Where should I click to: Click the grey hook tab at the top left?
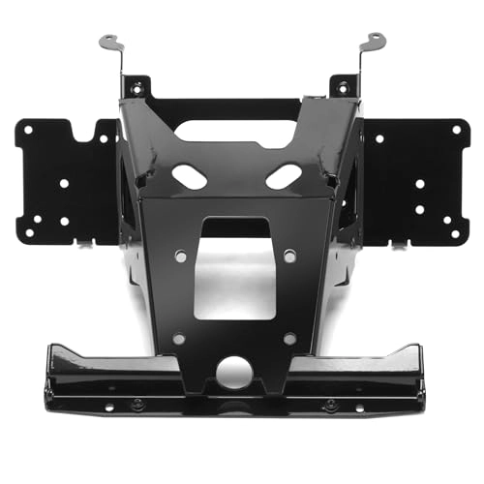pos(108,43)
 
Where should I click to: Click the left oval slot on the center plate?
pos(189,175)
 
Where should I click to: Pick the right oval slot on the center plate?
pos(284,176)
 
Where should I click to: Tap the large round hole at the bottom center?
pos(234,372)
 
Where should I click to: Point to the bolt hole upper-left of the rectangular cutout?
pos(180,256)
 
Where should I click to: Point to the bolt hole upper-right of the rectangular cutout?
pos(289,256)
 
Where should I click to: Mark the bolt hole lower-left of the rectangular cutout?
pos(179,339)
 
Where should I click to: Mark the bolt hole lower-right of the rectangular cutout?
pos(289,338)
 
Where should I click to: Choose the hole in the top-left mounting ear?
pos(136,88)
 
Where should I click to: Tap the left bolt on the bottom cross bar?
pos(137,403)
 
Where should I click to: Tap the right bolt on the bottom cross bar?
pos(331,403)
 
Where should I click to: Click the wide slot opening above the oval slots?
pos(237,131)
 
